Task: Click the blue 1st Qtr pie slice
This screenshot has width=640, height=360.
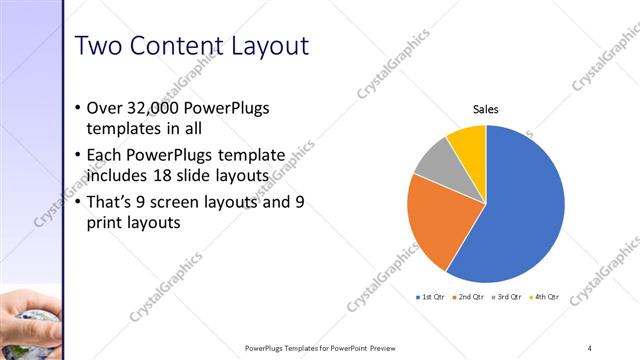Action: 520,200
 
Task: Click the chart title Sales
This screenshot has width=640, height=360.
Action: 486,109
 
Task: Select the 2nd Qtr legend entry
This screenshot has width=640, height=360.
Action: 468,297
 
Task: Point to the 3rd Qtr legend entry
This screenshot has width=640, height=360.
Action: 507,297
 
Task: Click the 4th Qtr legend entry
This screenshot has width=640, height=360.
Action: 545,297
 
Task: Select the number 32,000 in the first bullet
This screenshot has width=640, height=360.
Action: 153,108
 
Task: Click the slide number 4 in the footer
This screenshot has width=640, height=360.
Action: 590,347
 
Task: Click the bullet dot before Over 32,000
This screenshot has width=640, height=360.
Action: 79,108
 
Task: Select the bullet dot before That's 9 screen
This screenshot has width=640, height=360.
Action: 79,202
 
